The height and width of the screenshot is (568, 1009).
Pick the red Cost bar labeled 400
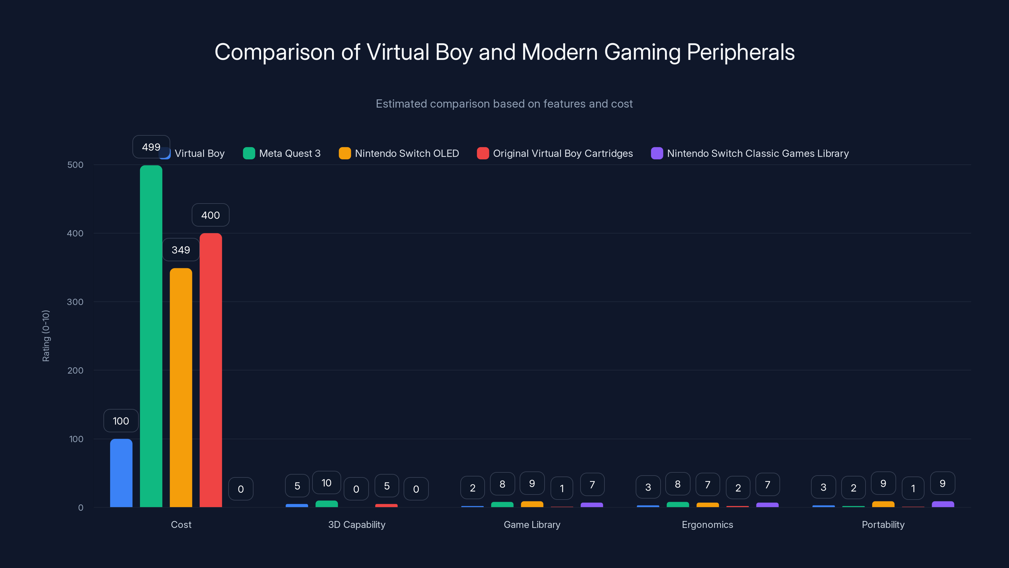pos(211,370)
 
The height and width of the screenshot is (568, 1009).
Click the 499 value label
pos(151,147)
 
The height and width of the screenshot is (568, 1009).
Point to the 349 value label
pos(181,250)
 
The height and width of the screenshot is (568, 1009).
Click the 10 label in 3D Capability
pos(326,482)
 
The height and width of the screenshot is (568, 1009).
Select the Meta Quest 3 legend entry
pos(282,153)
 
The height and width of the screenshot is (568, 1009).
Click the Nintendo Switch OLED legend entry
pos(399,153)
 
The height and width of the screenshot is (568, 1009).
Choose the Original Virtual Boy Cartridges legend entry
pos(555,153)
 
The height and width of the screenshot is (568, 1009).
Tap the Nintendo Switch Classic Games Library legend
pos(750,153)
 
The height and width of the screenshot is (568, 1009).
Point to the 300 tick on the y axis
pos(75,302)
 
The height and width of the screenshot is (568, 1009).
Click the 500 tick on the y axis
pos(75,165)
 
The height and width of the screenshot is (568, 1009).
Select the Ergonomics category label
pos(707,524)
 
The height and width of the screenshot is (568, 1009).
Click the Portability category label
pos(883,524)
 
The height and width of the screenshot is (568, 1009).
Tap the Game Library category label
pos(532,524)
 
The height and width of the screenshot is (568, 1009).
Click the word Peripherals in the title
pos(740,52)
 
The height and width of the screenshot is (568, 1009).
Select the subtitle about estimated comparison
pos(504,104)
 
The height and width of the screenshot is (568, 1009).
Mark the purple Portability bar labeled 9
pos(943,504)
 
